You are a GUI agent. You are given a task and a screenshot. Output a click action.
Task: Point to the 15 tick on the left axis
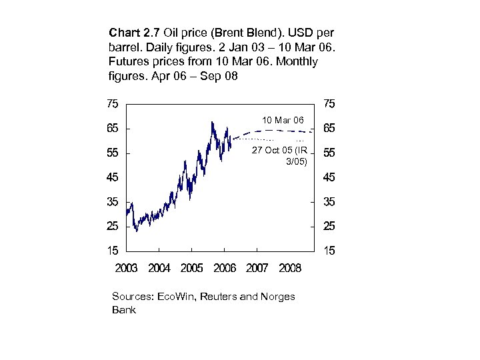pos(112,251)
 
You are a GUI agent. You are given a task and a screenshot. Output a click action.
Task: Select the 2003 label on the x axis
pos(127,268)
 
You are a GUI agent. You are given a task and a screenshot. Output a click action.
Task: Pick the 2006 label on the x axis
pos(225,268)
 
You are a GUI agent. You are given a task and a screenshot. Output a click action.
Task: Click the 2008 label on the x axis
pos(290,268)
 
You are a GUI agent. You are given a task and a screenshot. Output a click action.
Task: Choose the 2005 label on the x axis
pos(192,268)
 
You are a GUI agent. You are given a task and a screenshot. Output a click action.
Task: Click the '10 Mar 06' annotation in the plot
pos(283,120)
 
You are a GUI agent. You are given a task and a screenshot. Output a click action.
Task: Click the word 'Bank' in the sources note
pos(124,309)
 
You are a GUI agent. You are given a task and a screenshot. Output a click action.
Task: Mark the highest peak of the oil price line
pos(211,122)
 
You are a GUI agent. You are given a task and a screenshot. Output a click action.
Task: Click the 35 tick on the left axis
pos(112,202)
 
